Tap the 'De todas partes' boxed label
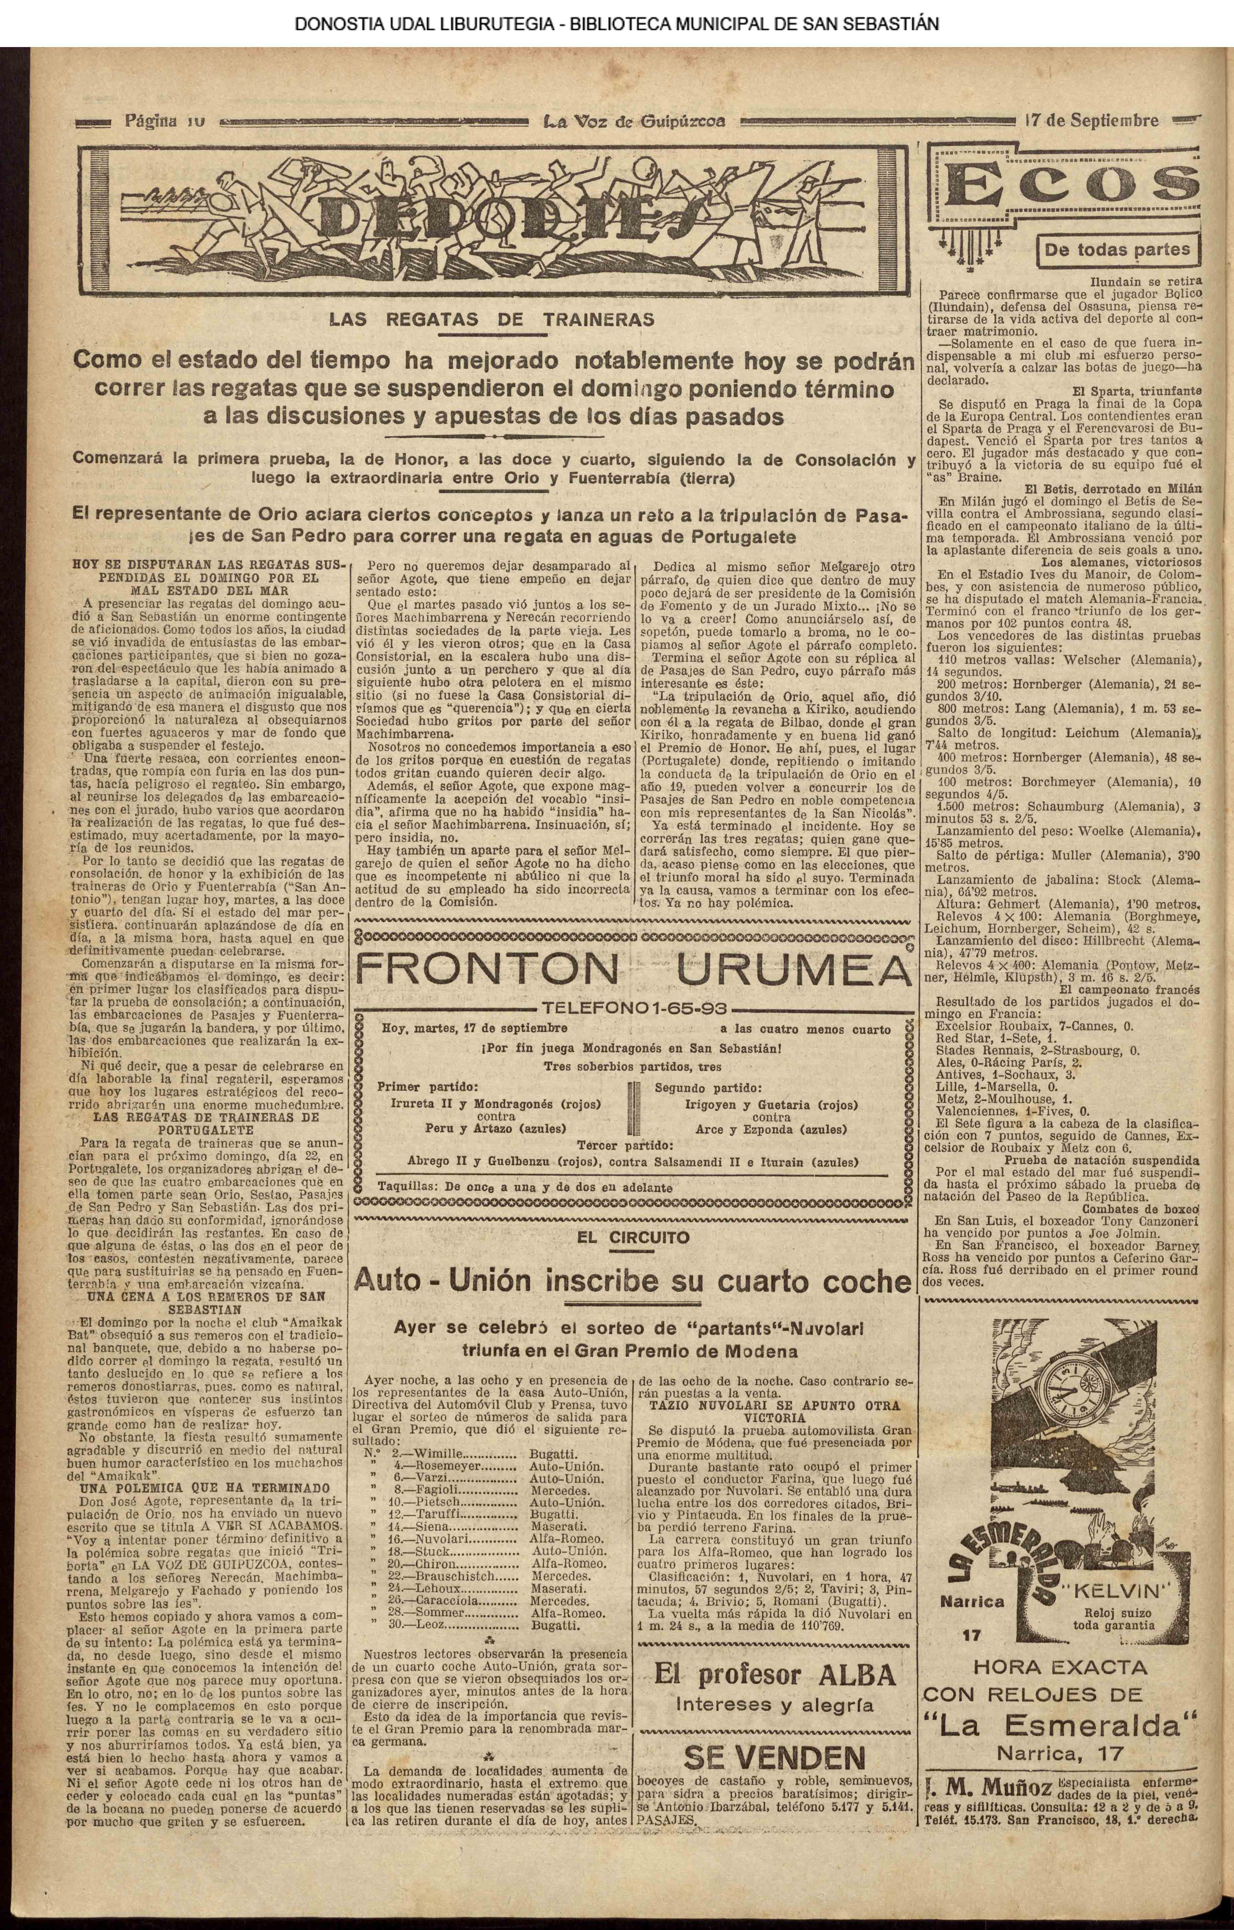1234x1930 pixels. pyautogui.click(x=1117, y=249)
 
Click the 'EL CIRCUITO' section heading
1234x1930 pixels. pyautogui.click(x=633, y=1237)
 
